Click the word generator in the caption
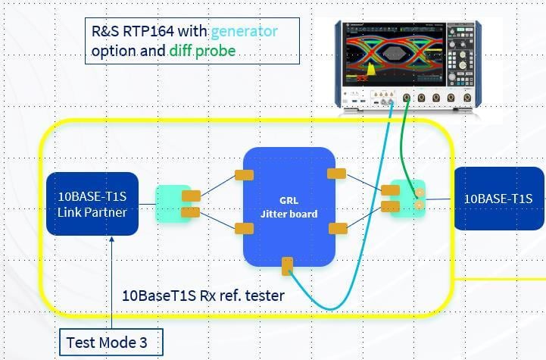click(244, 32)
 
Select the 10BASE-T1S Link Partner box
click(92, 204)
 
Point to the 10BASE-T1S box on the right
click(499, 199)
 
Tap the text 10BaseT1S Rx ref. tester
click(203, 296)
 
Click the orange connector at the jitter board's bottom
click(287, 266)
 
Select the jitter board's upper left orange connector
click(244, 175)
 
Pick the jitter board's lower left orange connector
click(244, 228)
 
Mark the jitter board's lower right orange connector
click(337, 227)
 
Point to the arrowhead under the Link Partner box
click(111, 241)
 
